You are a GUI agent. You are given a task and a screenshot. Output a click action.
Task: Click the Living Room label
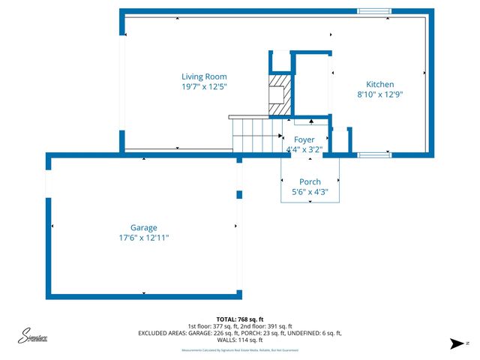pos(204,76)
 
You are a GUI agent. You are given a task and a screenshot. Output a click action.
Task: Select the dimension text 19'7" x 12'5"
pos(204,87)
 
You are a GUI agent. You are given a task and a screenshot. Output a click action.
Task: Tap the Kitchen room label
pos(379,85)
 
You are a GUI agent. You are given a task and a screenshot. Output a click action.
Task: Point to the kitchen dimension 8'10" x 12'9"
pos(379,95)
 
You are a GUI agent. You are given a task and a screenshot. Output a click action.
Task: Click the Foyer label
pos(304,139)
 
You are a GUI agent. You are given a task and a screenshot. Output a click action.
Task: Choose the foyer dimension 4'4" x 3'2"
pos(304,149)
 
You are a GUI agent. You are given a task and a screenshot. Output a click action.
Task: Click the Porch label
pos(310,182)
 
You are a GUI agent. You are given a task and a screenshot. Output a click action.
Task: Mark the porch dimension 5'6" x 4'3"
pos(310,192)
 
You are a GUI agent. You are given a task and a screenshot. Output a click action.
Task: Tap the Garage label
pos(143,227)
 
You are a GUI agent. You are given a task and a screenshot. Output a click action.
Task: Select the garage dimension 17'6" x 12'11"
pos(143,238)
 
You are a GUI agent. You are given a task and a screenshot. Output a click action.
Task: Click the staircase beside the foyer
pos(255,136)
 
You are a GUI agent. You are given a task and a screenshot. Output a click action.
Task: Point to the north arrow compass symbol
pos(455,344)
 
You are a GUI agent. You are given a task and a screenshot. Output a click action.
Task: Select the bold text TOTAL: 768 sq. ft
pos(239,319)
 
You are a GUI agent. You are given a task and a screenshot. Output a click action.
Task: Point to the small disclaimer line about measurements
pos(239,350)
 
